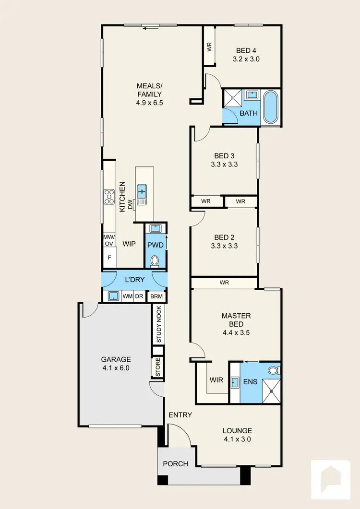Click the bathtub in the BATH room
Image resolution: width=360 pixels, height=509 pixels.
click(271, 107)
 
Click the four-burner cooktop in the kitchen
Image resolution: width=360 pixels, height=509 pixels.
click(109, 196)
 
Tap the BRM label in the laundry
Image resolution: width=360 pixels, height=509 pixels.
click(156, 296)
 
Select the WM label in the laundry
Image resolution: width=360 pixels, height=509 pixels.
click(127, 296)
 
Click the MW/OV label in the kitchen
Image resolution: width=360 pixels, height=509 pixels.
click(109, 240)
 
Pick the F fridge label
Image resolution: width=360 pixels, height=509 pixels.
click(109, 258)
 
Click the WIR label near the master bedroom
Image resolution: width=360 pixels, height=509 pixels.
click(216, 380)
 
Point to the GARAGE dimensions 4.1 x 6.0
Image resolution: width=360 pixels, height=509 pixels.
click(116, 368)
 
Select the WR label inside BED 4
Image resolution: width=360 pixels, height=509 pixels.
click(209, 47)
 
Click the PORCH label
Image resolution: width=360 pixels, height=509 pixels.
click(175, 463)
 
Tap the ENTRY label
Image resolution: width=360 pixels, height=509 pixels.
click(180, 415)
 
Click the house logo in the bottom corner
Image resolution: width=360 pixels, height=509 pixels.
click(331, 479)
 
